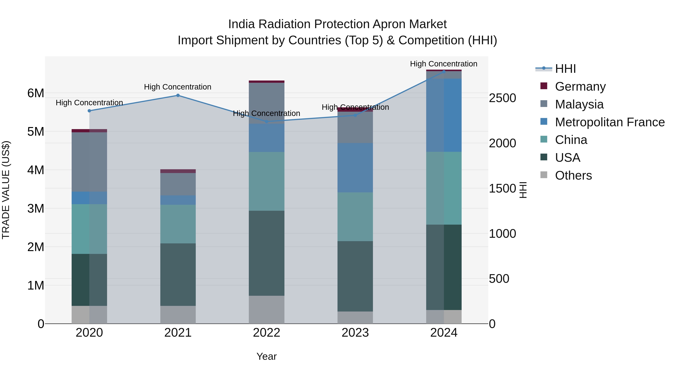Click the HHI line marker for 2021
click(x=178, y=96)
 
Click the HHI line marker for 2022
click(x=266, y=122)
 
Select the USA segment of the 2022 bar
click(x=266, y=253)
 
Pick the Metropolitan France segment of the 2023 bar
click(x=355, y=168)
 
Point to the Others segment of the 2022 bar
click(x=266, y=309)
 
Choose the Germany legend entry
click(x=580, y=87)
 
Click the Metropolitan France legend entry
click(x=610, y=122)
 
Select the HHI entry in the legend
click(x=565, y=69)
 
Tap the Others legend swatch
click(x=544, y=175)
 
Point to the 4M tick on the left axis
click(x=36, y=170)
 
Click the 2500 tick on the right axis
click(x=502, y=98)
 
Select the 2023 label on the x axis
click(x=355, y=333)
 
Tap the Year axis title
click(x=266, y=356)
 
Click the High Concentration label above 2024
click(x=443, y=64)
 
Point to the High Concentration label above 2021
click(x=178, y=87)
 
